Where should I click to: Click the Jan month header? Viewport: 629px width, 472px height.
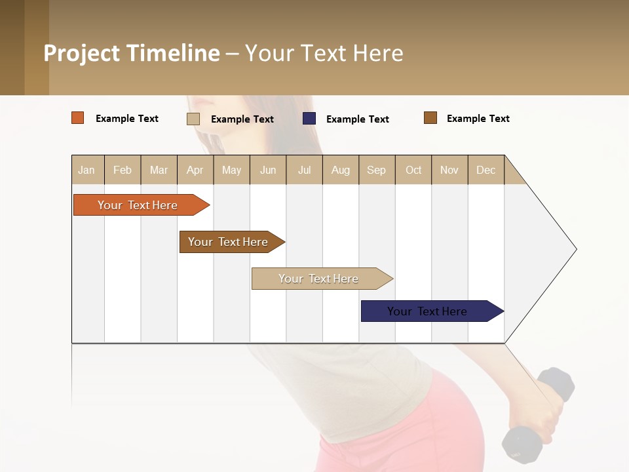coord(86,170)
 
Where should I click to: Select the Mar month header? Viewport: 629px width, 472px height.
coord(159,170)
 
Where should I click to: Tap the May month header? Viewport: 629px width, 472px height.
coord(231,170)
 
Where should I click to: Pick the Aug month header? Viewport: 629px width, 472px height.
coord(340,170)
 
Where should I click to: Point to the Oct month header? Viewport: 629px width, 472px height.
coord(413,170)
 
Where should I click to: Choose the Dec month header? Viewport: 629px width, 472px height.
coord(486,170)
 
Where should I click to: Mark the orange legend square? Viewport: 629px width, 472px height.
coord(78,118)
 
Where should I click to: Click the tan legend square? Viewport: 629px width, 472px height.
coord(193,119)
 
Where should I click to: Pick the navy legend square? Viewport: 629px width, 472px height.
coord(309,119)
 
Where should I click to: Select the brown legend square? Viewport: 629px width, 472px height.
coord(430,118)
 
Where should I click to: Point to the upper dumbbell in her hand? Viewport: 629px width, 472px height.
coord(556,384)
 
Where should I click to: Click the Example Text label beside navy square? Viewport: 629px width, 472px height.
coord(357,119)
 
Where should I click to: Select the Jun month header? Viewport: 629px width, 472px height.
coord(268,170)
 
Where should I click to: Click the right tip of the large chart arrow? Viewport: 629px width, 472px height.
coord(575,249)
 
